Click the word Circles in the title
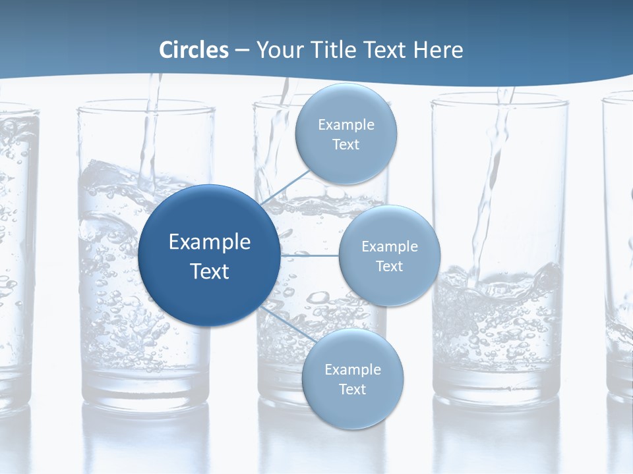[x=194, y=50]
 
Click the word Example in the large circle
[x=210, y=242]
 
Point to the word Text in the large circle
[x=210, y=271]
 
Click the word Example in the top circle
[x=346, y=124]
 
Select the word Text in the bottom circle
[x=352, y=390]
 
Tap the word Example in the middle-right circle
[x=390, y=246]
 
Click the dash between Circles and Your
[x=242, y=50]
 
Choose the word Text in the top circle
[x=346, y=145]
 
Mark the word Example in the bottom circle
[x=353, y=369]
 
